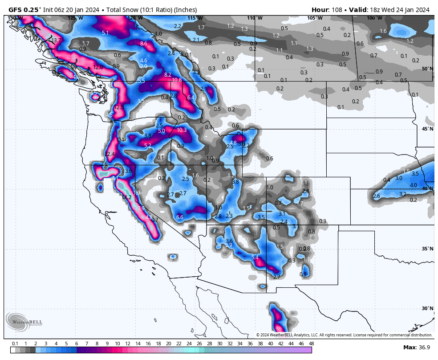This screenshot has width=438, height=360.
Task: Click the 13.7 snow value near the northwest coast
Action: tap(56, 41)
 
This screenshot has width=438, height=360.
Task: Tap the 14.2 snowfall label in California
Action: tap(127, 197)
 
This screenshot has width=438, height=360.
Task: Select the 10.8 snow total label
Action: tap(177, 80)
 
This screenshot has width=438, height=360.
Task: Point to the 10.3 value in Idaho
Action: tap(182, 130)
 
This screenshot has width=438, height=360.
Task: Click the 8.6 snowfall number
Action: tap(143, 44)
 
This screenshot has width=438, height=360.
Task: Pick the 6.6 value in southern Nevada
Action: tap(180, 217)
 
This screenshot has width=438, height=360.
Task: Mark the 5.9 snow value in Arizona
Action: tap(229, 245)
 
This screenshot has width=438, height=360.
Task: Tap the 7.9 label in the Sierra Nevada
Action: tap(141, 208)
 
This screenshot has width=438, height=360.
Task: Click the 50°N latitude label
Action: tap(427, 69)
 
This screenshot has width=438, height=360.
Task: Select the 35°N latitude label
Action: tap(427, 249)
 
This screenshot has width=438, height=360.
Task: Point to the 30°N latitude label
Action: tap(427, 308)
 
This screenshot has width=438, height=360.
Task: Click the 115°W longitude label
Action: tap(195, 18)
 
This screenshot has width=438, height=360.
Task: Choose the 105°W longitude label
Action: tap(314, 18)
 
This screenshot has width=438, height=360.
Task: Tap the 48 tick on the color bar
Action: tap(311, 344)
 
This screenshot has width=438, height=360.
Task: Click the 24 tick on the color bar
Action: tap(189, 344)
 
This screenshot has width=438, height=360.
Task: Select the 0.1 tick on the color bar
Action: tap(15, 344)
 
